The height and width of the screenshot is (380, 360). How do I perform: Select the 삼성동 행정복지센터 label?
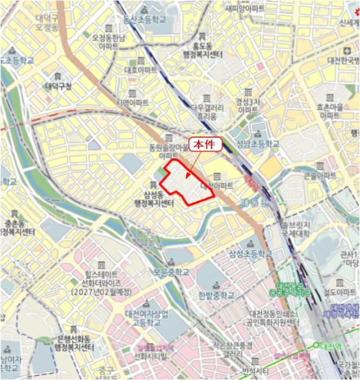154,199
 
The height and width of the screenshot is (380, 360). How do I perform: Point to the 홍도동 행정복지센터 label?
204,50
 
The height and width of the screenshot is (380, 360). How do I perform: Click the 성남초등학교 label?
257,144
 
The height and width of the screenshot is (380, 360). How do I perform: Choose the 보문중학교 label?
171,273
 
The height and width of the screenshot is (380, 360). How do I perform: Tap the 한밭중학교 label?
216,295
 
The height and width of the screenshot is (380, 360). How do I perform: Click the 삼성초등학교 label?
250,254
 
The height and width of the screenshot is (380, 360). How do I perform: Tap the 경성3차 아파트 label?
248,105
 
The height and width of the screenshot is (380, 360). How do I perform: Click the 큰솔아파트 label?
319,176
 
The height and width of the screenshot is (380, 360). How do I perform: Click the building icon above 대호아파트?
141,60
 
